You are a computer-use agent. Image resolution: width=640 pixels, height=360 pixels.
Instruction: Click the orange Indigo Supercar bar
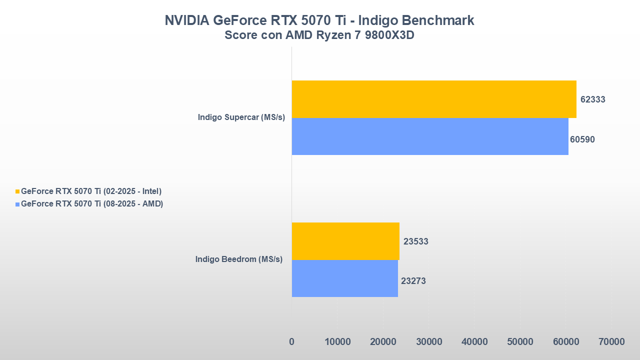pyautogui.click(x=434, y=99)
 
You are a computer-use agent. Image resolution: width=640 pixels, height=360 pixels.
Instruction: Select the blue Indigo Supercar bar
pyautogui.click(x=430, y=136)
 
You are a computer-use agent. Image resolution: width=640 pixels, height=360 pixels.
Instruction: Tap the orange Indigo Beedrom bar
pyautogui.click(x=345, y=241)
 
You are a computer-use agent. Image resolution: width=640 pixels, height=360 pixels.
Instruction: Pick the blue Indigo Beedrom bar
pyautogui.click(x=344, y=278)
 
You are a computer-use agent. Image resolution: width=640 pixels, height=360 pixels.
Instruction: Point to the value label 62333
pyautogui.click(x=592, y=99)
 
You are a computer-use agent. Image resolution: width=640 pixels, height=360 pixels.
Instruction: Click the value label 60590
pyautogui.click(x=582, y=139)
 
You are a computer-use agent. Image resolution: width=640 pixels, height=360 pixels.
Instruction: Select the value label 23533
pyautogui.click(x=416, y=241)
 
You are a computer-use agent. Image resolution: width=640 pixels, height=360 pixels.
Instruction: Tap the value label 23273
pyautogui.click(x=413, y=281)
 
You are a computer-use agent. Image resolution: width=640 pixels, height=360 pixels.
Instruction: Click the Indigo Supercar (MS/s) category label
pyautogui.click(x=241, y=117)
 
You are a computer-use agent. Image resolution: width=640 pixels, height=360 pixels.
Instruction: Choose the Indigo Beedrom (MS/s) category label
pyautogui.click(x=239, y=259)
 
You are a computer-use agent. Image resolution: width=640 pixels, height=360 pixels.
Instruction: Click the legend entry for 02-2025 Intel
pyautogui.click(x=91, y=191)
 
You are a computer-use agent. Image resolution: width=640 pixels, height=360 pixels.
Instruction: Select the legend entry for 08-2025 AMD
pyautogui.click(x=92, y=204)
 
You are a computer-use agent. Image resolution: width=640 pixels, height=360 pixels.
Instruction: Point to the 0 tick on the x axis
pyautogui.click(x=291, y=342)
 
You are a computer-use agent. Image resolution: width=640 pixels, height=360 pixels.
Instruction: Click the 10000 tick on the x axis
pyautogui.click(x=337, y=342)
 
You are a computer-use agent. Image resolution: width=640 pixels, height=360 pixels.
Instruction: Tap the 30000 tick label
pyautogui.click(x=429, y=342)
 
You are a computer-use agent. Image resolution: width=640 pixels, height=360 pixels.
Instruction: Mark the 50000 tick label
pyautogui.click(x=520, y=342)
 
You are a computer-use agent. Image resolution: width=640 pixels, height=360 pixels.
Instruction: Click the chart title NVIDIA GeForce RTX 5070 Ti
pyautogui.click(x=319, y=20)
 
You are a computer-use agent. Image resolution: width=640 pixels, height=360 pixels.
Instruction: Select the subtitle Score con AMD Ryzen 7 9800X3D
pyautogui.click(x=319, y=35)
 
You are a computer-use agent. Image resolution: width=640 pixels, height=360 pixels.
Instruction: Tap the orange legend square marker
pyautogui.click(x=17, y=191)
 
